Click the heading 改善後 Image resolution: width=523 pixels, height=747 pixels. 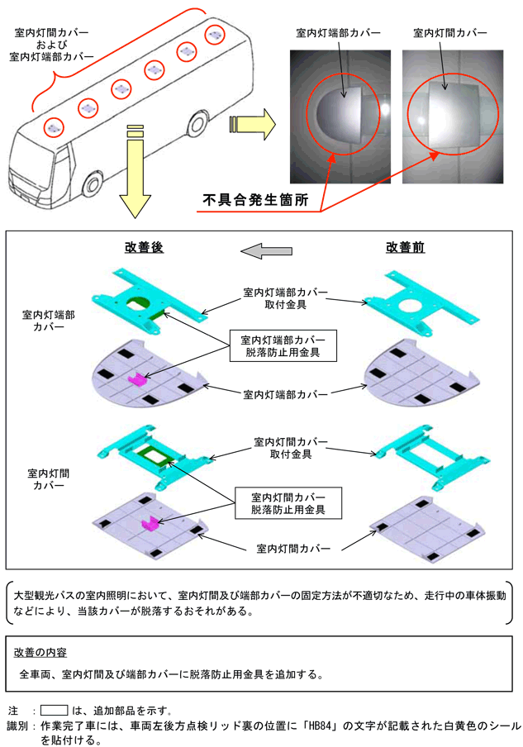(x=143, y=247)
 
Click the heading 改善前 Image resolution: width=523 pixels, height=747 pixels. (x=405, y=247)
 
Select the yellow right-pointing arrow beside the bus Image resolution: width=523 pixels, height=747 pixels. (x=251, y=123)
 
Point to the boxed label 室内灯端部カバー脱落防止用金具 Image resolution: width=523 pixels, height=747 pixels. (x=282, y=345)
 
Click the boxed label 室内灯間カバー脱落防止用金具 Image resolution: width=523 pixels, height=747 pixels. (x=282, y=503)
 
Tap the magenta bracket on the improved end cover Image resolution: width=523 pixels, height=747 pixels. (x=137, y=378)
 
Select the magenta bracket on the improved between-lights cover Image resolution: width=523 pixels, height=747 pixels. (x=150, y=524)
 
